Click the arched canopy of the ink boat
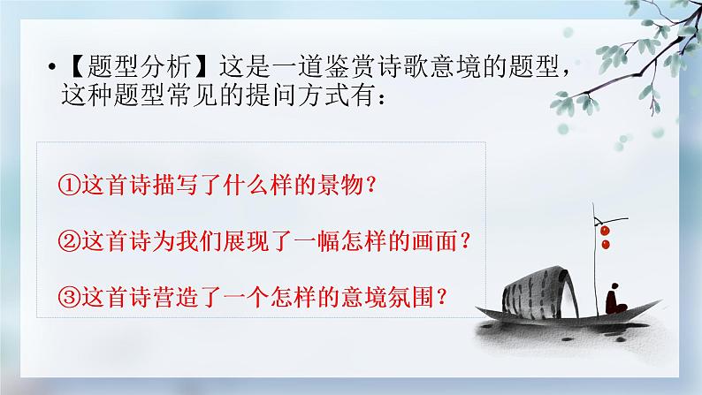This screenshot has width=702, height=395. [530, 287]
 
